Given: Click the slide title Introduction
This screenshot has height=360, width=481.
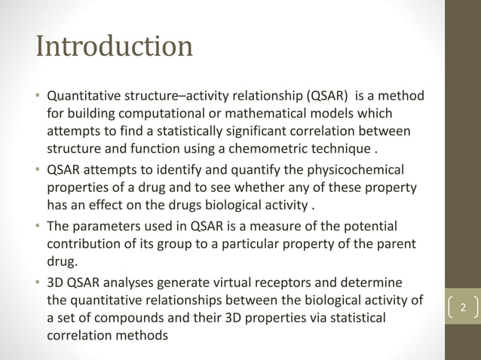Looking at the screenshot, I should pyautogui.click(x=115, y=47).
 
